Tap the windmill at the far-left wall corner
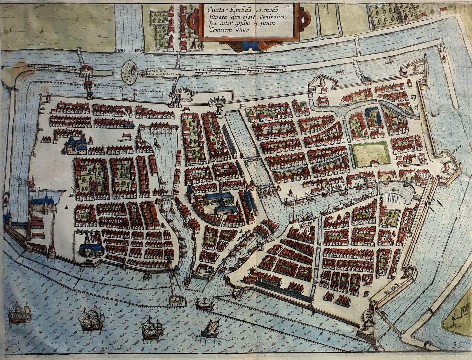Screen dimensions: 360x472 [x=48, y=97]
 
